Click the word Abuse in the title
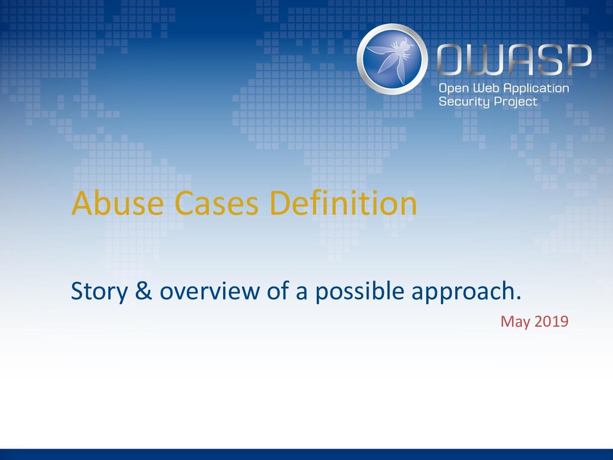click(x=117, y=203)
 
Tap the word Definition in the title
click(x=343, y=202)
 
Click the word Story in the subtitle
click(x=99, y=292)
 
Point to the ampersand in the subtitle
click(x=144, y=291)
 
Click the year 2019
click(x=551, y=321)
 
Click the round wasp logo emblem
click(x=392, y=59)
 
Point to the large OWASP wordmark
click(x=514, y=59)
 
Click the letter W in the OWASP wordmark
click(x=485, y=59)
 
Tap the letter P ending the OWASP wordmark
click(x=579, y=59)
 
